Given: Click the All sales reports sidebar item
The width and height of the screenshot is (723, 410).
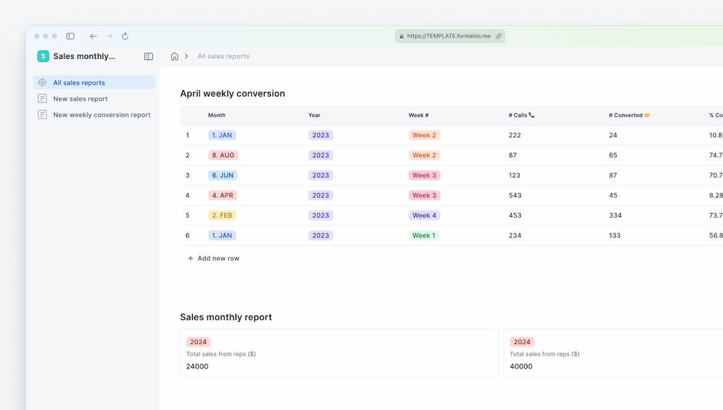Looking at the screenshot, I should [79, 82].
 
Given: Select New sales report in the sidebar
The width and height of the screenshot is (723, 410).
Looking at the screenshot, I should [80, 98].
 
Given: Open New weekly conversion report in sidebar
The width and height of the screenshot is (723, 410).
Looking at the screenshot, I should [102, 115].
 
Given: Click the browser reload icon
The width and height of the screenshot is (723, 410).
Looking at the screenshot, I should [125, 36].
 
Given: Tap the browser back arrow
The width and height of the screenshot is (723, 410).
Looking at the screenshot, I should [93, 36].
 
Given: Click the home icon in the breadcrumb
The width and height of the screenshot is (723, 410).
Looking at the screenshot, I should [175, 56].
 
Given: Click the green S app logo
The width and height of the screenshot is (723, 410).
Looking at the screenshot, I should [43, 56].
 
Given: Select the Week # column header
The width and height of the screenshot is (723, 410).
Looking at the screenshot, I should [418, 115].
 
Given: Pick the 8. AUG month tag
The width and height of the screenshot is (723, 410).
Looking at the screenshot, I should [223, 155].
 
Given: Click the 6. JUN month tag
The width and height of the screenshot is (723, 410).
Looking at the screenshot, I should [222, 176].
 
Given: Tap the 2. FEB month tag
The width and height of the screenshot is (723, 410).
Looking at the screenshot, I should [222, 216].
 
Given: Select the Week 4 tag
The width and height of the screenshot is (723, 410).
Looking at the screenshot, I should [424, 216].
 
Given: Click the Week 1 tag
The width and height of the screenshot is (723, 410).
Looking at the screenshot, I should [424, 236].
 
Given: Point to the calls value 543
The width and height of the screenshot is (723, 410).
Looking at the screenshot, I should [515, 196].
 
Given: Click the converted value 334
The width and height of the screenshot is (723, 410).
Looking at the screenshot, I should [615, 216].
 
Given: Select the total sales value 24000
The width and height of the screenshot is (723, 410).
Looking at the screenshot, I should [197, 366].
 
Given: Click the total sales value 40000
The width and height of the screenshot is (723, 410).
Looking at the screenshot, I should [521, 366].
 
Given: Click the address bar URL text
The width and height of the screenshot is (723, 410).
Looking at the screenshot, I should [449, 36].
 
